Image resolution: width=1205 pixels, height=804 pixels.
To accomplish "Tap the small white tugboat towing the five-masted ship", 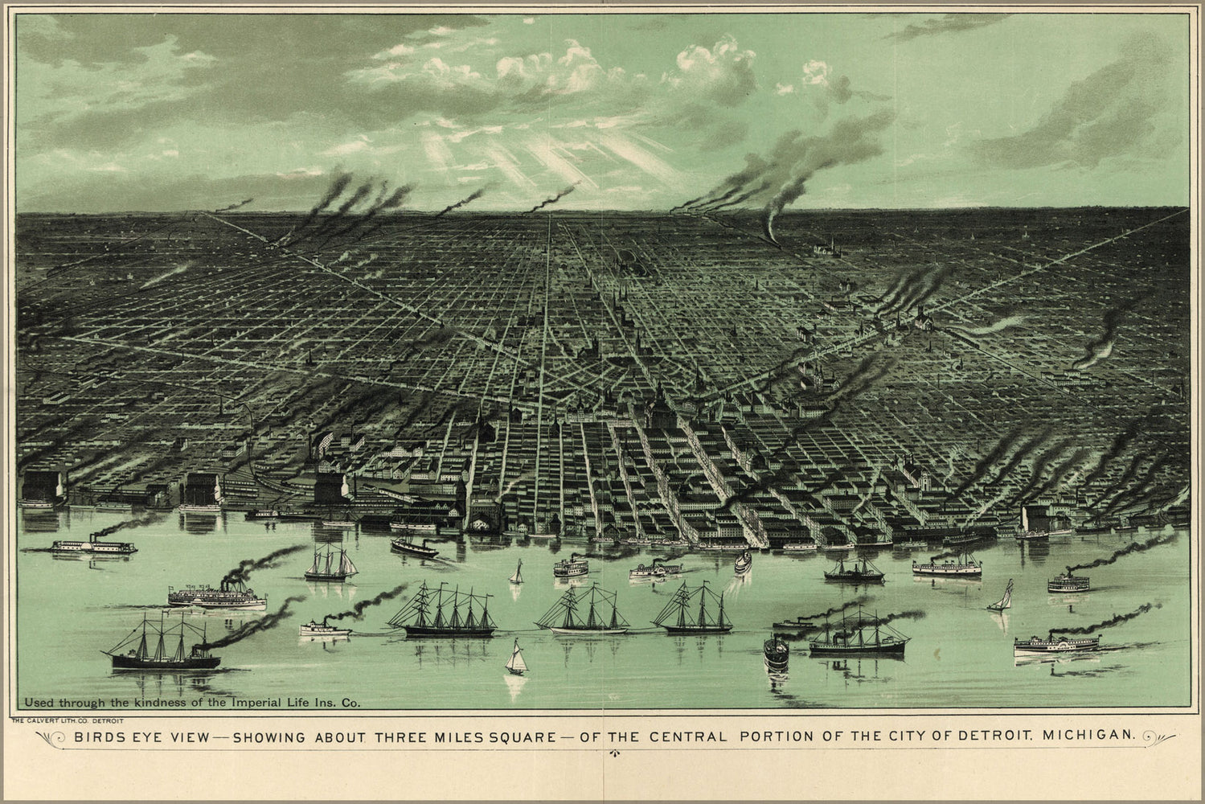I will (x=326, y=627).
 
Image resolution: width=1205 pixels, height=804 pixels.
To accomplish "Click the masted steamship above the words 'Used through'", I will (x=164, y=647).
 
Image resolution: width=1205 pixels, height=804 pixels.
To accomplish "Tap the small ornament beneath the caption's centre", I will (x=615, y=754).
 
